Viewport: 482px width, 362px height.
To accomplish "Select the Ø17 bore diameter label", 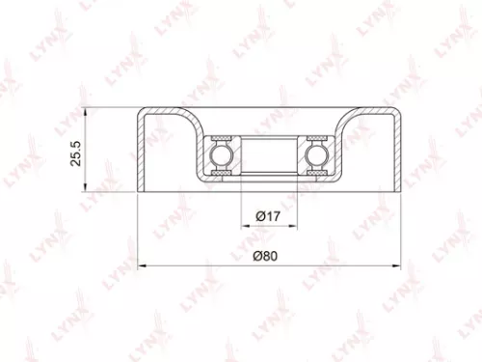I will point(268,218).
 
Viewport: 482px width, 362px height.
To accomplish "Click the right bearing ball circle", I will point(314,154).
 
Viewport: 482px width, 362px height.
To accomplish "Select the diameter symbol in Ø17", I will point(259,218).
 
